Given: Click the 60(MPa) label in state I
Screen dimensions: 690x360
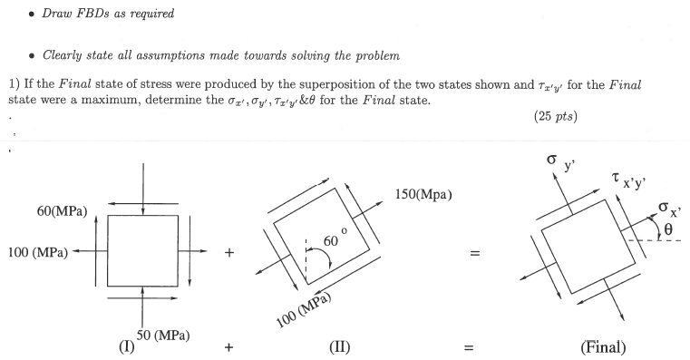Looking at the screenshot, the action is click(62, 212).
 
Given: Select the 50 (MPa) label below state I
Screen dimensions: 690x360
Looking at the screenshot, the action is click(162, 336).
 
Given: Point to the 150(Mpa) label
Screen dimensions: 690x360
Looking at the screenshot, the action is click(424, 195).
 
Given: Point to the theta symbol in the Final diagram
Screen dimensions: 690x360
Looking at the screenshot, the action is click(667, 230).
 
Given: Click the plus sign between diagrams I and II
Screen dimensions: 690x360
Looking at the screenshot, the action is click(229, 254).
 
